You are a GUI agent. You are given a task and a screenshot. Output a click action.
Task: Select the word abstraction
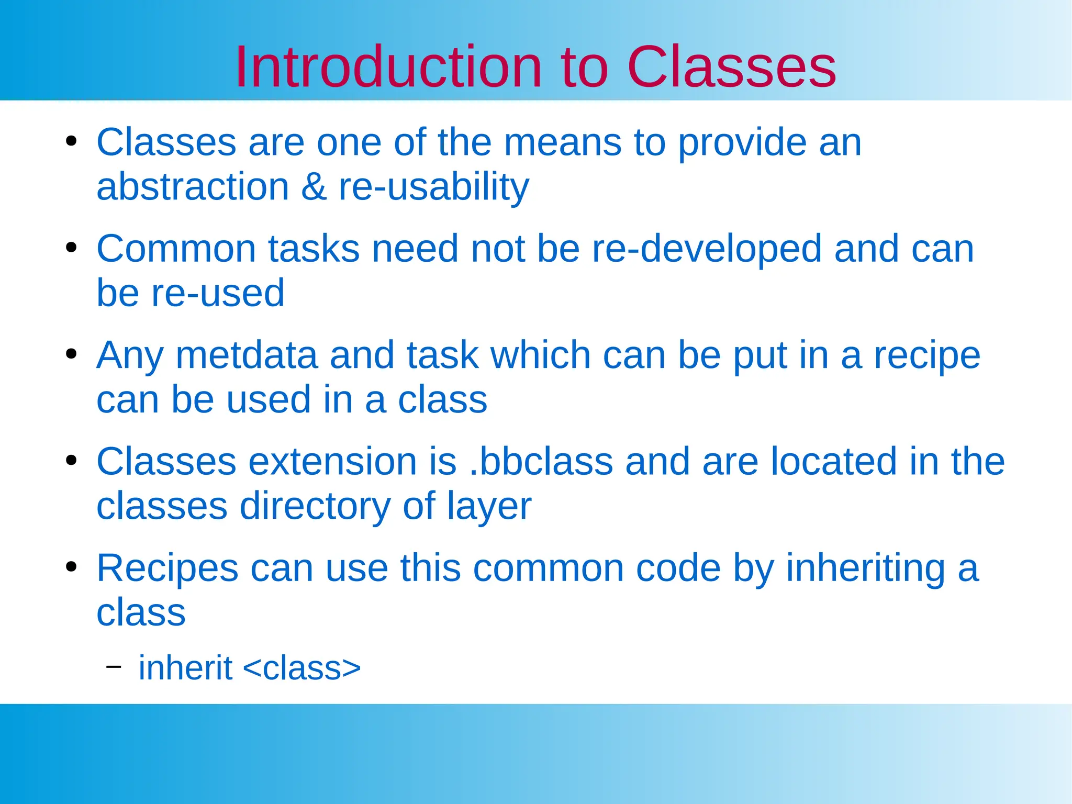(x=193, y=187)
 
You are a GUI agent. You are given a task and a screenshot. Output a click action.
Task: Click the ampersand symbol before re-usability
(x=314, y=187)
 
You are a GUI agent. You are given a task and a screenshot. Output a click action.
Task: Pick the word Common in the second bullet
(x=176, y=249)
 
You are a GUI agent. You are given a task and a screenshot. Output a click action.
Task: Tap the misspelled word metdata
(x=246, y=355)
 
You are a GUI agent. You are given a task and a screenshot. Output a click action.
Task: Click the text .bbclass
(x=541, y=462)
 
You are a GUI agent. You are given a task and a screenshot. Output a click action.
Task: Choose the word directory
(x=315, y=507)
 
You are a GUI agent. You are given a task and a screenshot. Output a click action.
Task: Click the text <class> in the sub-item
(x=302, y=668)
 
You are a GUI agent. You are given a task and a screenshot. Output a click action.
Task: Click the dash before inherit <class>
(x=113, y=666)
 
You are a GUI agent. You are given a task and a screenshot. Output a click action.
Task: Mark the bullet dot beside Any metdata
(x=72, y=354)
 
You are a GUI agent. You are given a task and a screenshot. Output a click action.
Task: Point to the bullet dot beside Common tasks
(x=72, y=248)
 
